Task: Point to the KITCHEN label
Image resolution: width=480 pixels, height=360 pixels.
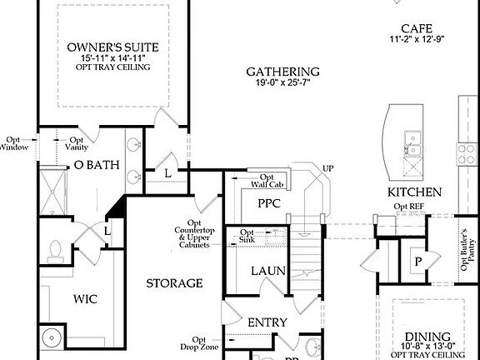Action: point(413,192)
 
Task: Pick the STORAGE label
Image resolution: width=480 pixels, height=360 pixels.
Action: point(174,283)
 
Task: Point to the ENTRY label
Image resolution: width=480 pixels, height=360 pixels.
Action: point(267,322)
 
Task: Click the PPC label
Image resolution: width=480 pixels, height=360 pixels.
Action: point(269,202)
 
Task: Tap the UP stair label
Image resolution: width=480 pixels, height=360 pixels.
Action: point(327,169)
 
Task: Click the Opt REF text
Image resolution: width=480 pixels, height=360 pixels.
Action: point(408,206)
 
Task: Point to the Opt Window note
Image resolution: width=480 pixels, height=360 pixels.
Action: point(15,143)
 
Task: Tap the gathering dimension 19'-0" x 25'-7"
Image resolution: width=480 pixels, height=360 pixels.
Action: point(283,83)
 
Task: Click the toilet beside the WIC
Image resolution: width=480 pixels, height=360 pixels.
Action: point(57,249)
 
